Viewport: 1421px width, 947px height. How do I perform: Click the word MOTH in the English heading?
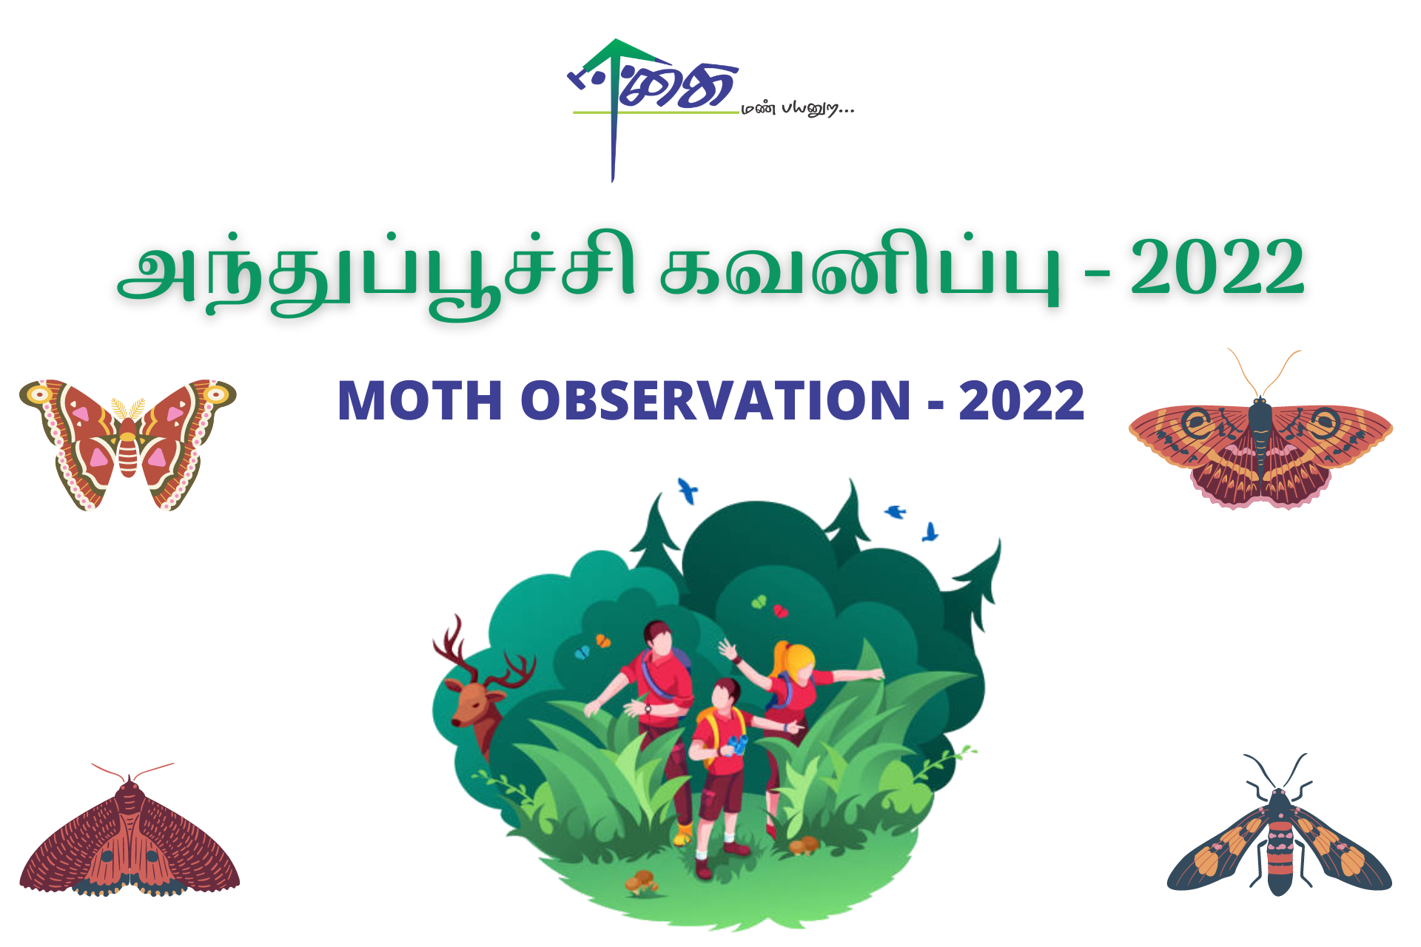pyautogui.click(x=420, y=401)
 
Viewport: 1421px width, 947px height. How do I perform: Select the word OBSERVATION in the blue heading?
pyautogui.click(x=715, y=401)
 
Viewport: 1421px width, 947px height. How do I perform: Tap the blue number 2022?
pyautogui.click(x=1021, y=401)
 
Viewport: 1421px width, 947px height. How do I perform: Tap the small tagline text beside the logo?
pyautogui.click(x=798, y=109)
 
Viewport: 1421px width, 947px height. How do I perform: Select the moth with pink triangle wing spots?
pyautogui.click(x=127, y=444)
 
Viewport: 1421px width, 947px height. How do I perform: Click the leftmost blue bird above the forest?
pyautogui.click(x=688, y=490)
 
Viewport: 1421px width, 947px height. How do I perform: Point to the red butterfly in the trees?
pyautogui.click(x=780, y=611)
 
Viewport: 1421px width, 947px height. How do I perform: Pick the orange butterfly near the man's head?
pyautogui.click(x=604, y=641)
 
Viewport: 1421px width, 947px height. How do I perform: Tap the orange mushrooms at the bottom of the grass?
pyautogui.click(x=642, y=880)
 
